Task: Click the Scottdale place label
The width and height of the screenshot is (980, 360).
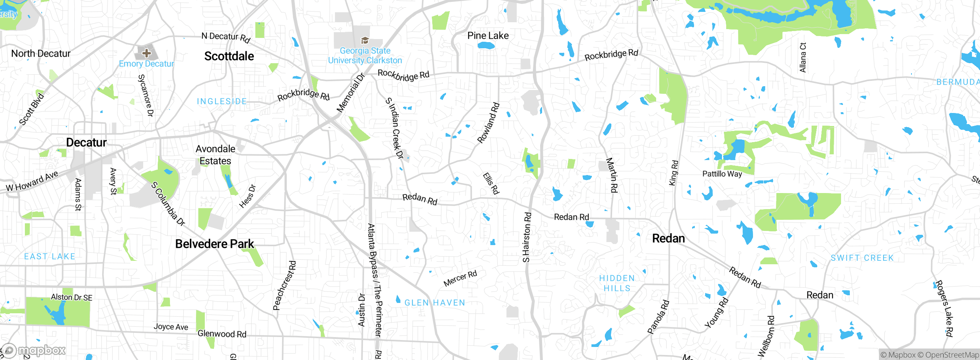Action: (229, 56)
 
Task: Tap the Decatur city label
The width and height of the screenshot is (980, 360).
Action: (86, 142)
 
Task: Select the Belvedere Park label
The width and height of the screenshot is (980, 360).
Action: (214, 244)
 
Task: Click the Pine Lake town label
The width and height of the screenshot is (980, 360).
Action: (488, 36)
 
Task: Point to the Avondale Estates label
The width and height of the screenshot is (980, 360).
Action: (215, 155)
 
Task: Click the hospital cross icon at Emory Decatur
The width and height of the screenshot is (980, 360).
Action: (146, 53)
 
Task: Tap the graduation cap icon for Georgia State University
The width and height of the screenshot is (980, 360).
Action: (365, 40)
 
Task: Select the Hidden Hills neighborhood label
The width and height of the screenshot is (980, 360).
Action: (617, 283)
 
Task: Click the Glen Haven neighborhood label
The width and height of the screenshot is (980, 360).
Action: (434, 303)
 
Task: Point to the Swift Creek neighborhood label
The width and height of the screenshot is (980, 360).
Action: (862, 258)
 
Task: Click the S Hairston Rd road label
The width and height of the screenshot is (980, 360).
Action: (527, 237)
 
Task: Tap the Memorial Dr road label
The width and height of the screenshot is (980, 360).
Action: (350, 93)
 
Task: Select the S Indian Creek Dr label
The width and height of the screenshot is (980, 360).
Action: (395, 128)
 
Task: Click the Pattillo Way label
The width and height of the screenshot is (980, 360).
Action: (722, 174)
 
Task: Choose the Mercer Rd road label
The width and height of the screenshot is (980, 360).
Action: (460, 278)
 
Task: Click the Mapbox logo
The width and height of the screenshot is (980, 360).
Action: (34, 350)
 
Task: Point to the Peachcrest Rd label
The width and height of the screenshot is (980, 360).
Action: (284, 285)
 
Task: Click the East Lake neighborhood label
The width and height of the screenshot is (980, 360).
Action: (50, 257)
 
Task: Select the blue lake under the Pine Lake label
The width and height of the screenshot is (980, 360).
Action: (486, 46)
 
